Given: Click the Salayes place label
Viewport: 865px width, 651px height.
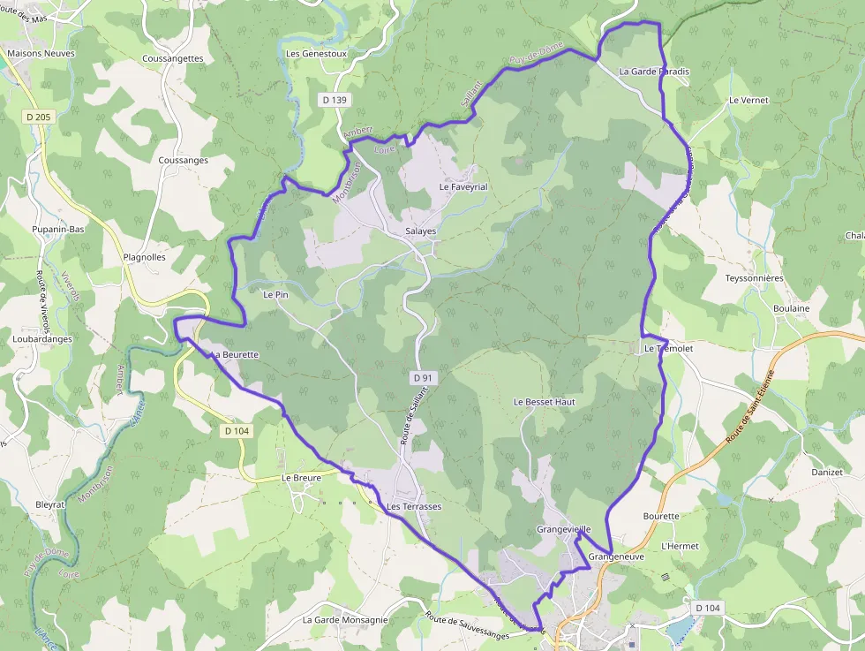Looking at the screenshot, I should click(420, 231).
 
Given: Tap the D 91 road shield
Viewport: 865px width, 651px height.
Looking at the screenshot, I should click(423, 378).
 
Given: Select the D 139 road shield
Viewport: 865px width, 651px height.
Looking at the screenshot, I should click(335, 100).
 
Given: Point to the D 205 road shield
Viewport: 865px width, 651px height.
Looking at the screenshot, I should click(39, 117).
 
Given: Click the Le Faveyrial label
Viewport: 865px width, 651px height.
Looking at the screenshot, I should click(463, 187).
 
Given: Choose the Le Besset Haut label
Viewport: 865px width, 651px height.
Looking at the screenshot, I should click(544, 402).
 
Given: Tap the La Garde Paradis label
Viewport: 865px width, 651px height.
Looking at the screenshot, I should click(654, 72).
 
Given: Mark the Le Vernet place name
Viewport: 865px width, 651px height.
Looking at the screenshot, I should click(748, 101).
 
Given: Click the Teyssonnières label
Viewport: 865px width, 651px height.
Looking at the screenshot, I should click(754, 278).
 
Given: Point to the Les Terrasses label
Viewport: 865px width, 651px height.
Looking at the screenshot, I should click(413, 507).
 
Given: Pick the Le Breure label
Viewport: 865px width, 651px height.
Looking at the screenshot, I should click(301, 478).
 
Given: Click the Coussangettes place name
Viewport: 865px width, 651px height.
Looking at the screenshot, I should click(172, 59).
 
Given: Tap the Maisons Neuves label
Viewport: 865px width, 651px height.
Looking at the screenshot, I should click(41, 53).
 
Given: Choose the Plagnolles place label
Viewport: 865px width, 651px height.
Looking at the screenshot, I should click(145, 258).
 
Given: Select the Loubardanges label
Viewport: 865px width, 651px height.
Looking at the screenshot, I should click(42, 339).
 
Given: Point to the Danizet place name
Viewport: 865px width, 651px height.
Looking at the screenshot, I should click(827, 473).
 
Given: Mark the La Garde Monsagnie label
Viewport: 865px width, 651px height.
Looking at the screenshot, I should click(345, 620).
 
